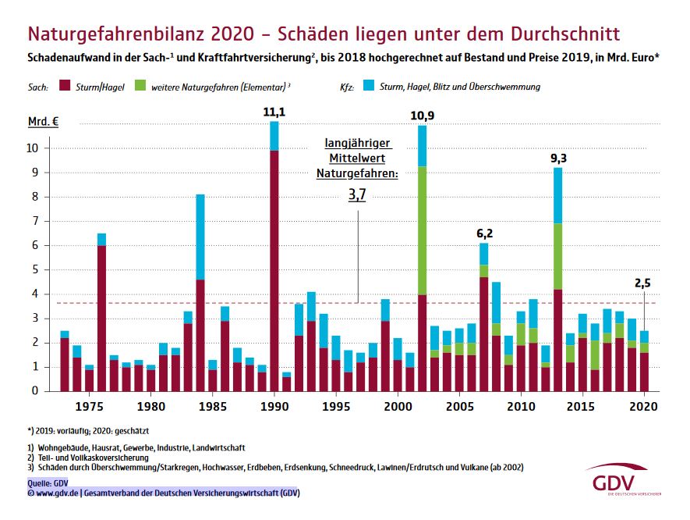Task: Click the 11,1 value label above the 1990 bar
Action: click(x=274, y=112)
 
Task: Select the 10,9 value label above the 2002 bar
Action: click(x=422, y=116)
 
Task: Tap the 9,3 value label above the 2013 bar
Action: click(x=558, y=158)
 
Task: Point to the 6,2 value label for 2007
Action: click(x=485, y=233)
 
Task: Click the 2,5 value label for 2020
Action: click(x=643, y=284)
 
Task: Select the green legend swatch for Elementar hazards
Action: click(x=141, y=87)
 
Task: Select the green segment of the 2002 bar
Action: click(x=422, y=230)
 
